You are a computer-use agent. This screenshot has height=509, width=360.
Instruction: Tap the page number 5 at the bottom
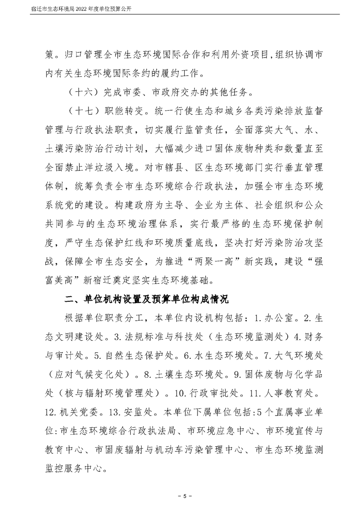tap(180, 494)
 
